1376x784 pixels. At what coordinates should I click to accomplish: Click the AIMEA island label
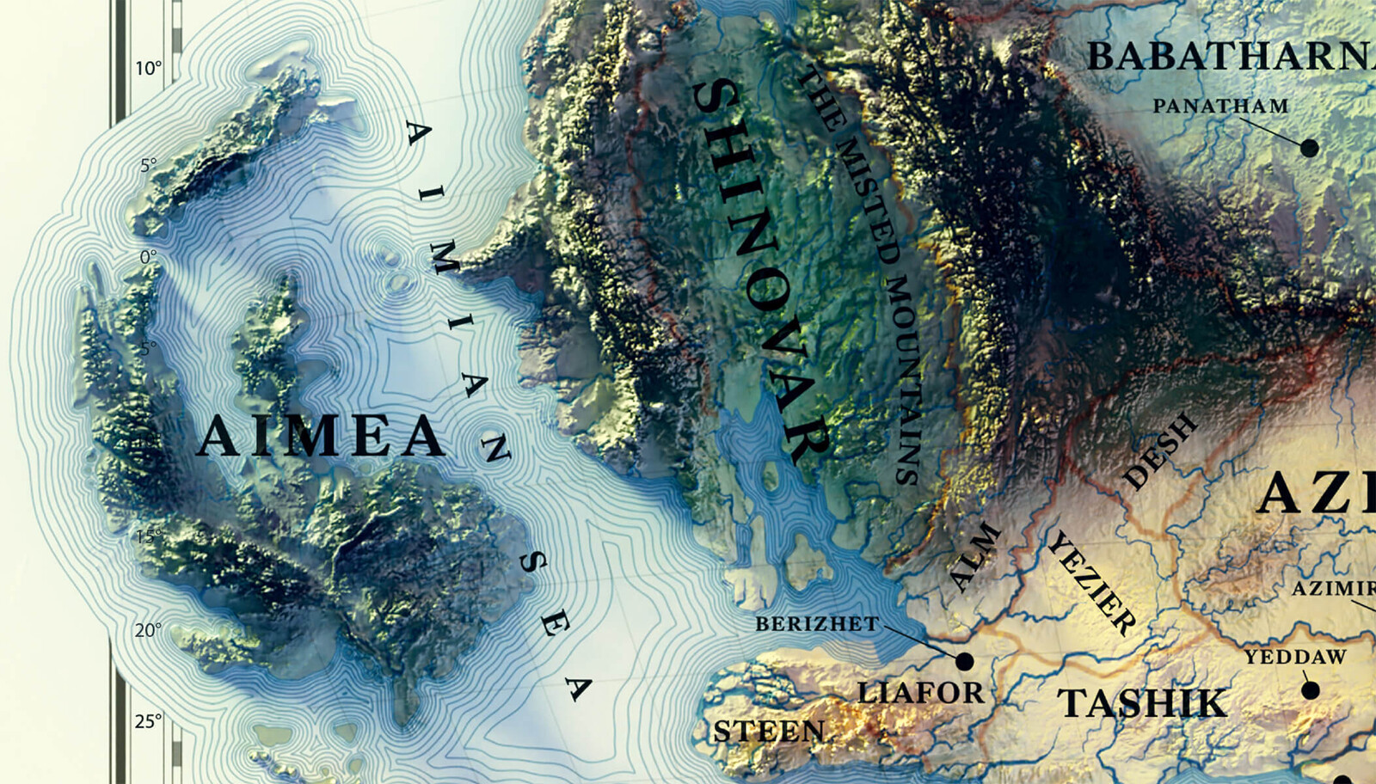click(x=320, y=437)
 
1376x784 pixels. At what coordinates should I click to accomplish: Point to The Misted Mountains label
click(x=860, y=275)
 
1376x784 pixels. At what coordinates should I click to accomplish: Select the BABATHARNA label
click(x=1230, y=57)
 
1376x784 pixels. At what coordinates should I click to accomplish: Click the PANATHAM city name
click(x=1220, y=107)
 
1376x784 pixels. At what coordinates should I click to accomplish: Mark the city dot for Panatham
click(x=1309, y=148)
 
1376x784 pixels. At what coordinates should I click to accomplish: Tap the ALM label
click(x=975, y=557)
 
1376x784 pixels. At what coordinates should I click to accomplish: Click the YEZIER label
click(x=1091, y=583)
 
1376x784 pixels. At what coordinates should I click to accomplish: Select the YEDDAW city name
click(x=1295, y=658)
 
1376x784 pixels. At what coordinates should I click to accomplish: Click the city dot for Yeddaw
click(x=1310, y=689)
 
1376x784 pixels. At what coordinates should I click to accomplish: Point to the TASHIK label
click(x=1142, y=703)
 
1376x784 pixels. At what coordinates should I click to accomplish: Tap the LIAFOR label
click(x=920, y=692)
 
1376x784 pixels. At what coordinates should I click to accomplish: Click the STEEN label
click(x=769, y=732)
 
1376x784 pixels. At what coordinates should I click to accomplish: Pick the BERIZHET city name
click(x=817, y=624)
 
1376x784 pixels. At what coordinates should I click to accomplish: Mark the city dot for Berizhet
click(x=964, y=661)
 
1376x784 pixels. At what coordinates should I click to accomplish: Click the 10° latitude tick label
click(x=148, y=69)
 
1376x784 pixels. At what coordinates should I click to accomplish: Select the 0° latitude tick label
click(x=148, y=257)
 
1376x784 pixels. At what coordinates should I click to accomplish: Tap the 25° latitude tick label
click(x=148, y=720)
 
